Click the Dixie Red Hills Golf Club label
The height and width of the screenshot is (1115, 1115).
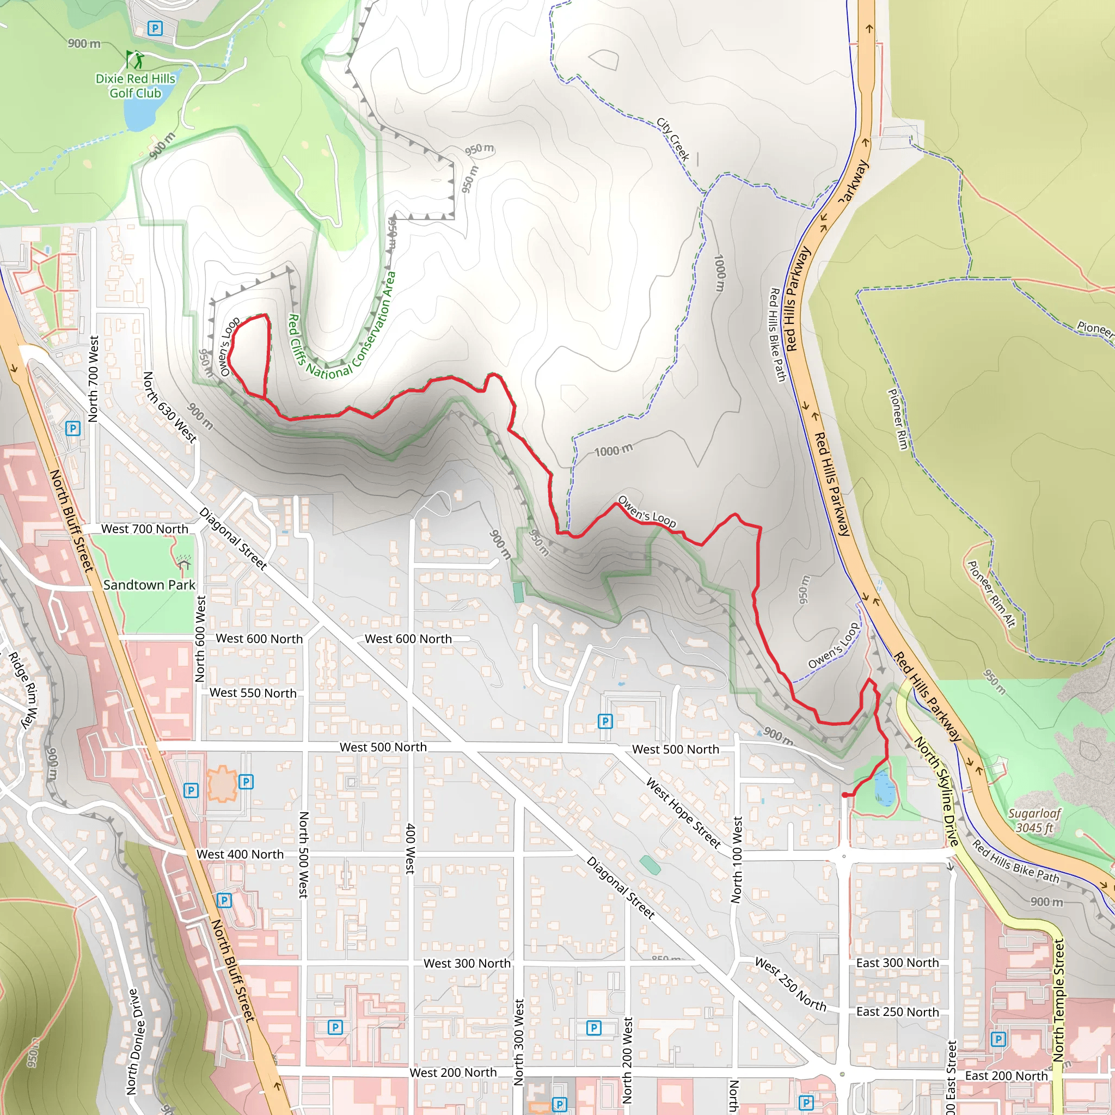click(x=135, y=86)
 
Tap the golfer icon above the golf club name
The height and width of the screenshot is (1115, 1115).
click(x=135, y=59)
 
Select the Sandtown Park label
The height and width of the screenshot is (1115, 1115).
click(x=150, y=585)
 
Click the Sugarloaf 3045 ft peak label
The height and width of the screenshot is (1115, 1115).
click(x=1034, y=820)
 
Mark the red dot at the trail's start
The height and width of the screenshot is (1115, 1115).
click(x=845, y=795)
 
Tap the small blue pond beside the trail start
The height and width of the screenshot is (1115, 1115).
click(x=884, y=787)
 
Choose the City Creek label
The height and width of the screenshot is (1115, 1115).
click(x=673, y=139)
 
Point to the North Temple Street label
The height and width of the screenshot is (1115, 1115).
click(x=1058, y=1000)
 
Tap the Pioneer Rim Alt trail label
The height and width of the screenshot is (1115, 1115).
click(x=991, y=594)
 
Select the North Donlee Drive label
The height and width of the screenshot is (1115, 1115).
click(x=133, y=1042)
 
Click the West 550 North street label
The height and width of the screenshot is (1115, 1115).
click(x=253, y=693)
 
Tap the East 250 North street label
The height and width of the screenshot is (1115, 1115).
click(x=897, y=1012)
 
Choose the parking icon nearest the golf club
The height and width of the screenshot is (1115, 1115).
click(x=155, y=28)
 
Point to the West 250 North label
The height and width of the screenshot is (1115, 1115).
click(x=791, y=984)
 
